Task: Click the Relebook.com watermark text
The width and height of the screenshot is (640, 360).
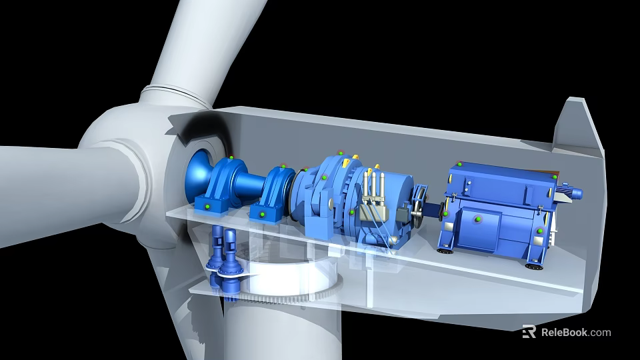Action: [575, 332]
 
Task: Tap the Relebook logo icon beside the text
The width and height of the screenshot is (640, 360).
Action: [529, 332]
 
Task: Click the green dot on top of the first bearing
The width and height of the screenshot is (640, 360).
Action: [231, 157]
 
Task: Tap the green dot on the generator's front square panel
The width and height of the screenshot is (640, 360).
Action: [477, 219]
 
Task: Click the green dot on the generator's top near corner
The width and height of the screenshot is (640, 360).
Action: [459, 165]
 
